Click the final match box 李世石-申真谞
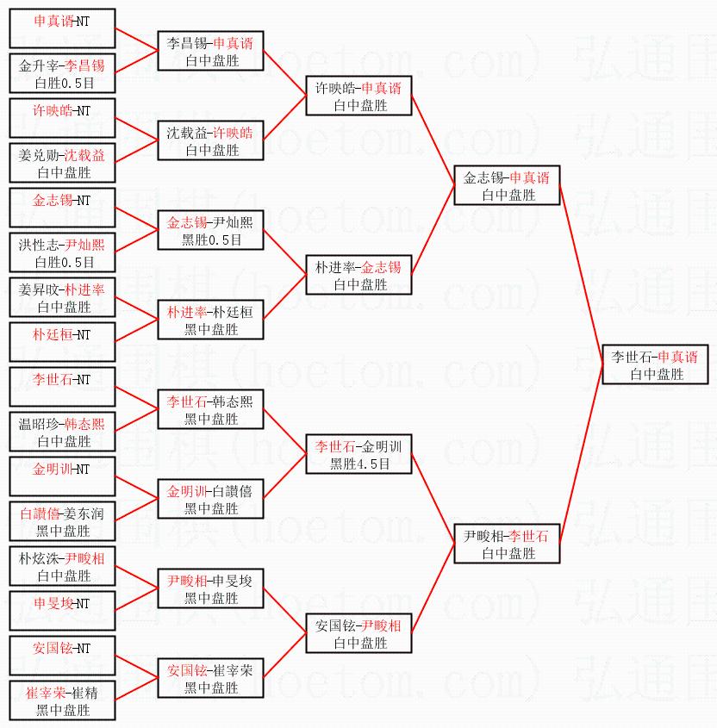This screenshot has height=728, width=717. click(655, 364)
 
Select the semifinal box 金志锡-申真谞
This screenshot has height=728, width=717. click(507, 185)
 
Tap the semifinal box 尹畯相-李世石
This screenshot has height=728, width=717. click(507, 544)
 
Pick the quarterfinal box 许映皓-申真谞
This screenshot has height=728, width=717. click(358, 96)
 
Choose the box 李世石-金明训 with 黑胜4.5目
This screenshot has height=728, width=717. click(358, 454)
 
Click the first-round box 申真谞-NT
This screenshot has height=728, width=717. click(62, 28)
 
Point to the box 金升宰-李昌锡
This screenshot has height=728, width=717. click(62, 73)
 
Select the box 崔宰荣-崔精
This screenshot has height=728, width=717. click(62, 700)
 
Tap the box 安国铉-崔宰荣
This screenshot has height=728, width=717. click(210, 678)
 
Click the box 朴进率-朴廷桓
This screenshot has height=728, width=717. click(210, 320)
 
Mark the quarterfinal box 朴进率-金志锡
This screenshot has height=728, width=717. click(358, 275)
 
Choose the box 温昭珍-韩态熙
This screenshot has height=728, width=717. click(62, 432)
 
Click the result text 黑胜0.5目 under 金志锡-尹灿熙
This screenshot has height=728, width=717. click(211, 240)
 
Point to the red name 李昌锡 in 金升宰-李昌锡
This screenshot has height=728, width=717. click(84, 65)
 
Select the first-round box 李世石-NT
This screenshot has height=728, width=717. click(62, 387)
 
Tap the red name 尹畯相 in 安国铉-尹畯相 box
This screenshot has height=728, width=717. click(381, 625)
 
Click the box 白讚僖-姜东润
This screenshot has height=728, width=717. click(62, 521)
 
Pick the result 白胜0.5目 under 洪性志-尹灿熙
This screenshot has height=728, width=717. click(64, 262)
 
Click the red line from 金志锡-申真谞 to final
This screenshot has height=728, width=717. click(581, 275)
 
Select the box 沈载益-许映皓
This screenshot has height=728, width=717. click(210, 140)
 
